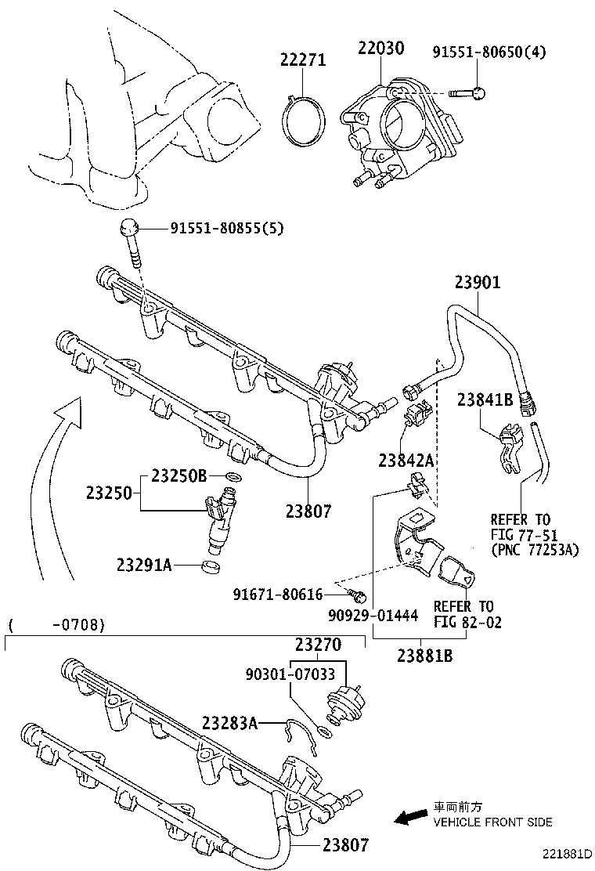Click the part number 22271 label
coord(303,60)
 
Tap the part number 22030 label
coord(381,49)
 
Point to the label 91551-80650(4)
coord(489,52)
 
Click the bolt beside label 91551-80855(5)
coord(131,239)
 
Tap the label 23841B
coord(485,399)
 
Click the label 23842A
coord(406,461)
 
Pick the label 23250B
coord(178,475)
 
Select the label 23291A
coord(144,564)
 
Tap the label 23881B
coord(424,656)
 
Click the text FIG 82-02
coord(467,623)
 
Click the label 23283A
coord(229,722)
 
